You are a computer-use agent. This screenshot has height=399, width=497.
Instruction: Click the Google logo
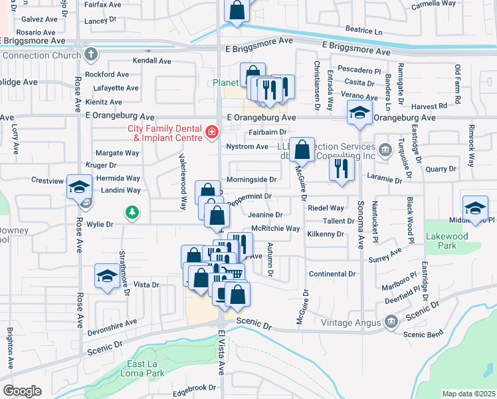pyautogui.click(x=22, y=391)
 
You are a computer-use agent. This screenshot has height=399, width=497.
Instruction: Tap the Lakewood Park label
pyautogui.click(x=448, y=241)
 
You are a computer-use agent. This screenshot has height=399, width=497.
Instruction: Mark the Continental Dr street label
pyautogui.click(x=332, y=274)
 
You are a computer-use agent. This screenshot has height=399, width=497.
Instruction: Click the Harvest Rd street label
pyautogui.click(x=429, y=106)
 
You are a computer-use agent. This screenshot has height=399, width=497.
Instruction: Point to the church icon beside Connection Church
pyautogui.click(x=91, y=55)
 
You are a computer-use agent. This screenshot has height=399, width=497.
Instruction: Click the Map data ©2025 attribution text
pyautogui.click(x=468, y=394)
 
